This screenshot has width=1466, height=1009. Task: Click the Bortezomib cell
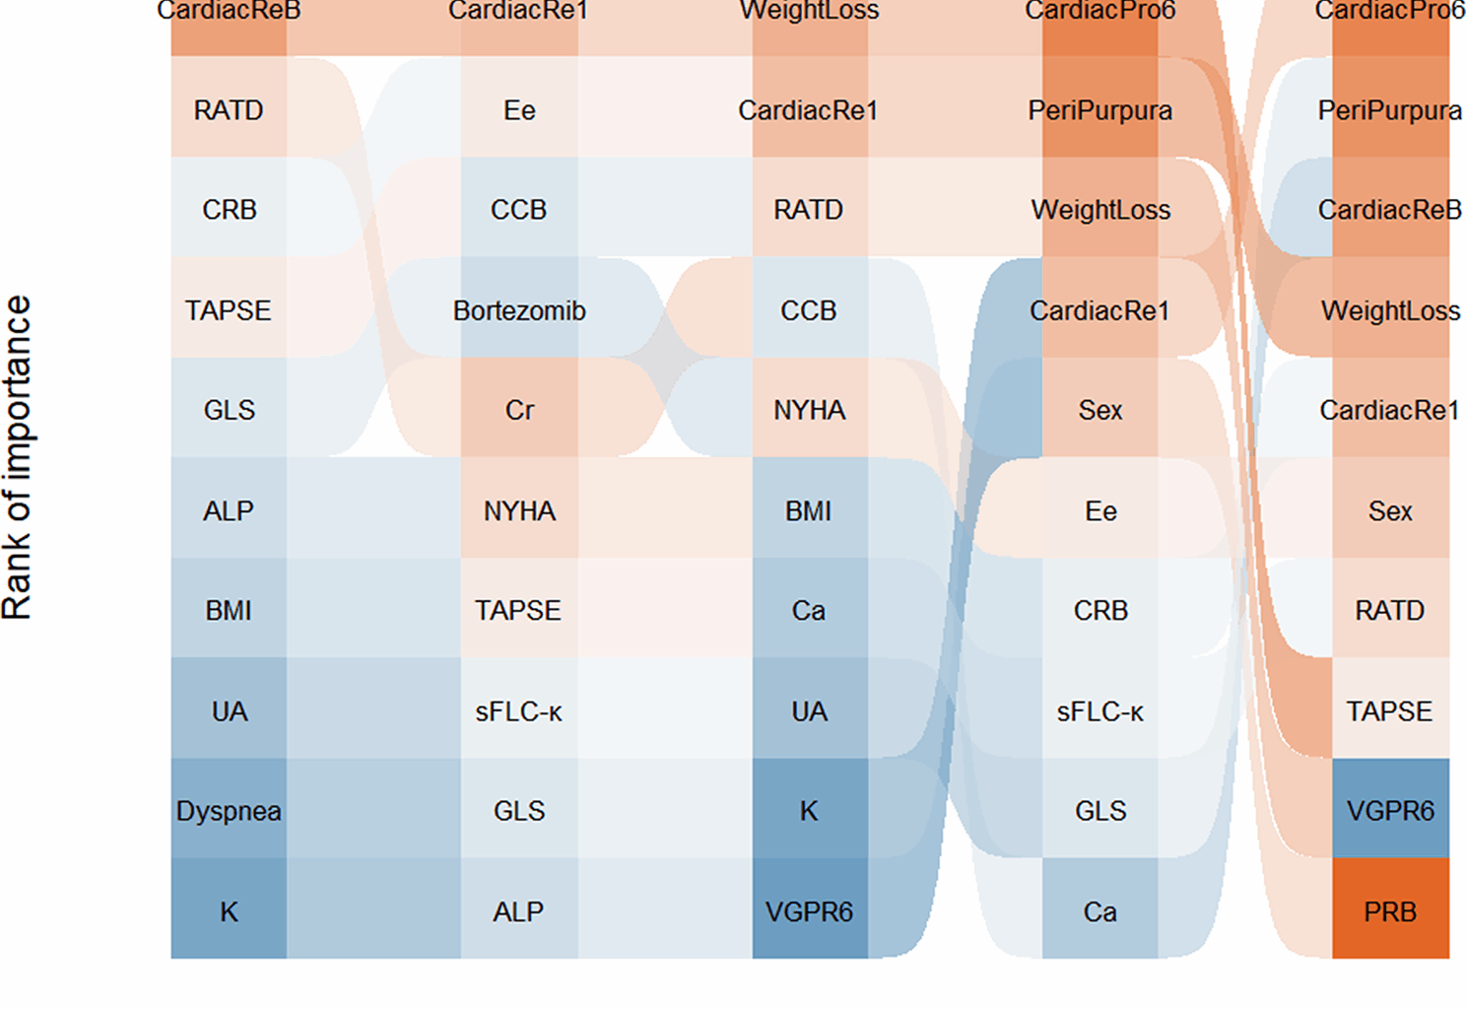(519, 310)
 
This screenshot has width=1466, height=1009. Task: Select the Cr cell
(519, 410)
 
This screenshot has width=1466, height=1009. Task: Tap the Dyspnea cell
(229, 811)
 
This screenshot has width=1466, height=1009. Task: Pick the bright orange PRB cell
(1390, 911)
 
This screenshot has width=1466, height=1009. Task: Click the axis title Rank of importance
(18, 457)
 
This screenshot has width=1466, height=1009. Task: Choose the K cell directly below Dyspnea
(229, 911)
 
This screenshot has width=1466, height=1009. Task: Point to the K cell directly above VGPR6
(809, 811)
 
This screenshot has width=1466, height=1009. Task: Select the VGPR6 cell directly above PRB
(1390, 811)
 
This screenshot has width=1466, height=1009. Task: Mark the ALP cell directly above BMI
(229, 510)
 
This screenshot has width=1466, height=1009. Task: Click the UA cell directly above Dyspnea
(229, 710)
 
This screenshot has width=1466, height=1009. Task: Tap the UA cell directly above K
(809, 710)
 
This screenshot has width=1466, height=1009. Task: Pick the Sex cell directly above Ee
(1099, 410)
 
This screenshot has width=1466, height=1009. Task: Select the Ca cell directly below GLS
(1099, 911)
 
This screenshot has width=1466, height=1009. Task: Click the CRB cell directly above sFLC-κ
(1099, 610)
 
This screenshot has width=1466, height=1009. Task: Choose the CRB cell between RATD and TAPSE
(229, 210)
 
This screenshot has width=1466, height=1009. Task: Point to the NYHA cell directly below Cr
(519, 510)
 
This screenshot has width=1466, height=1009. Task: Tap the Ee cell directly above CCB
(519, 110)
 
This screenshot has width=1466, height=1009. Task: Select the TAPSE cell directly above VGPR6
(1390, 710)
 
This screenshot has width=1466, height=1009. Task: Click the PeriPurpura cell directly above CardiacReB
(1390, 110)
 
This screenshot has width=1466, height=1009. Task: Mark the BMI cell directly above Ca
(809, 510)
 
